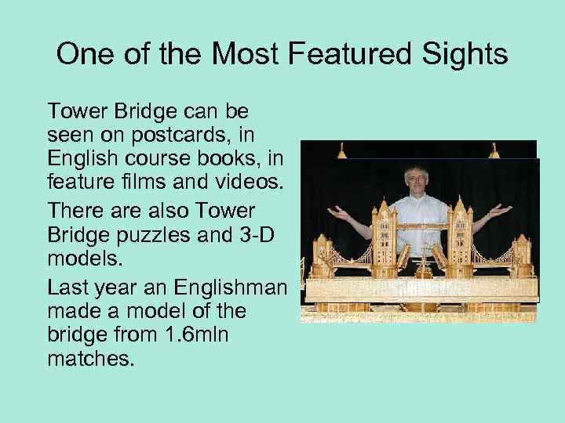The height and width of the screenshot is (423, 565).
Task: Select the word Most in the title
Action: tap(252, 54)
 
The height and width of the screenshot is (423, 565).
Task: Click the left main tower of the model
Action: tap(384, 235)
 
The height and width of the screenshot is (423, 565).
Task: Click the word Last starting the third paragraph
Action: tap(68, 288)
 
